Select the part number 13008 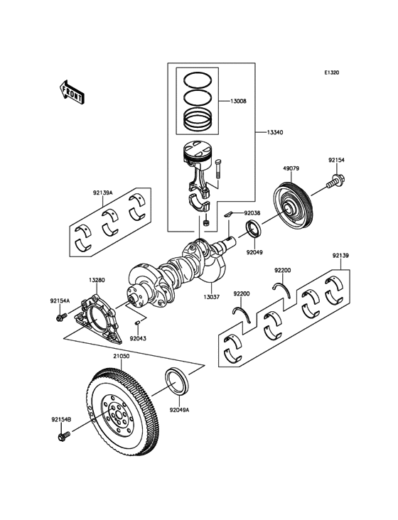[x=238, y=102]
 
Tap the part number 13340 [x=277, y=132]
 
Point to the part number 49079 [x=291, y=169]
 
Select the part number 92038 [x=253, y=212]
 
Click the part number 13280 [x=98, y=280]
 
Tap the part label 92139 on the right [x=340, y=255]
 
